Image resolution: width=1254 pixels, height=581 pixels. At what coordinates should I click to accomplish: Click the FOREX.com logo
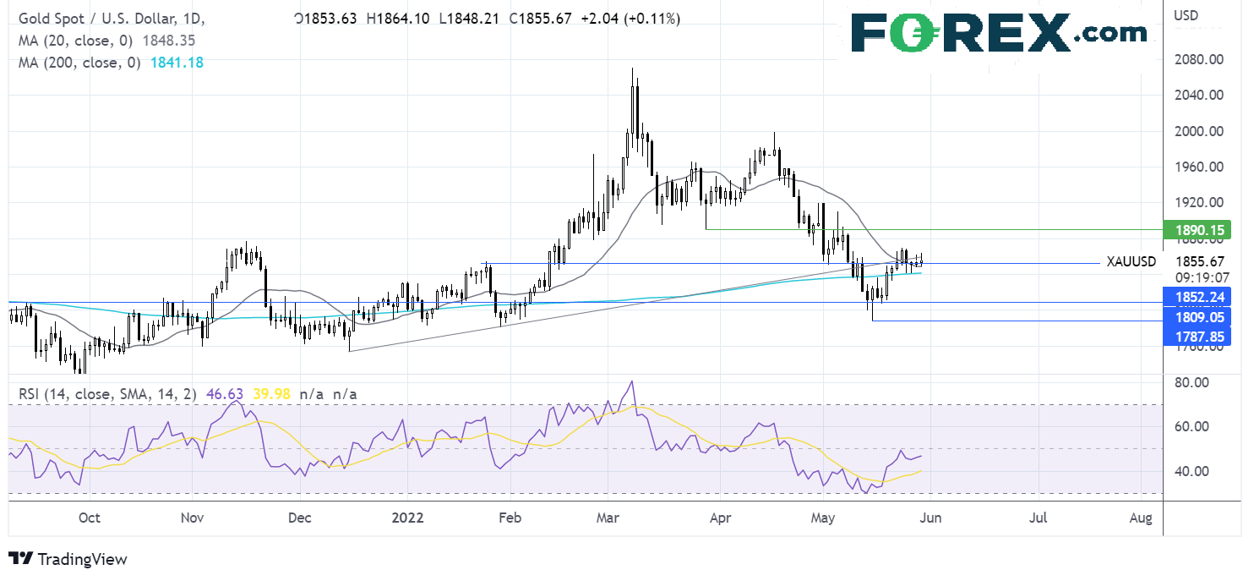(x=999, y=33)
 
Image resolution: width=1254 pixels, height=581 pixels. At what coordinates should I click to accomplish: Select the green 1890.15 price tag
(x=1197, y=230)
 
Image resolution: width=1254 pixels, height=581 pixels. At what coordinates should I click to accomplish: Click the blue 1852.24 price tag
(x=1197, y=296)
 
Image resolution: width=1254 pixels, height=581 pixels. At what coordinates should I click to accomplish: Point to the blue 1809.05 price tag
(x=1197, y=317)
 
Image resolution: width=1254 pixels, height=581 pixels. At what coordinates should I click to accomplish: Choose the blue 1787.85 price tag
(x=1197, y=337)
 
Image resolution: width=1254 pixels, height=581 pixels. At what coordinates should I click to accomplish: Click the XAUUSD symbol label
(x=1131, y=262)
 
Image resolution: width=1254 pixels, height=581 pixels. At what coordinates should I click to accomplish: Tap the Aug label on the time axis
(x=1141, y=517)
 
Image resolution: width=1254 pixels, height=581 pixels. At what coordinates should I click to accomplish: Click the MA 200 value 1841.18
(x=177, y=62)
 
